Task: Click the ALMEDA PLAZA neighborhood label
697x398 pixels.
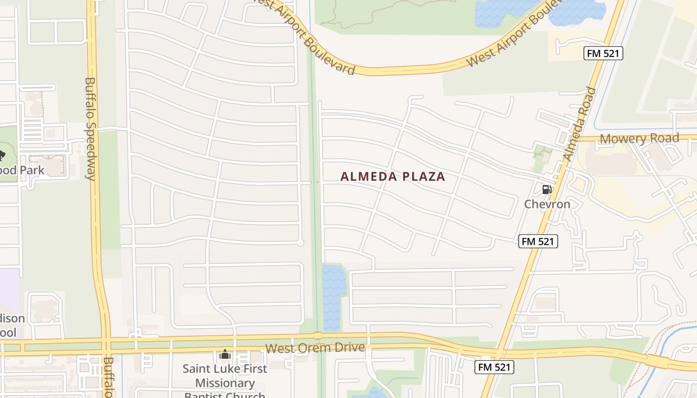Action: [392, 177]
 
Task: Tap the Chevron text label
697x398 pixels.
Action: [547, 204]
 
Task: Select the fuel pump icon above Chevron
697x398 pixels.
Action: [547, 190]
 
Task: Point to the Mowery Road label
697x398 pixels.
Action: [639, 138]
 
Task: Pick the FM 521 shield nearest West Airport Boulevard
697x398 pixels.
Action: [603, 53]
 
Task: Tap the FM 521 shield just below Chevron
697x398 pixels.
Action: [538, 242]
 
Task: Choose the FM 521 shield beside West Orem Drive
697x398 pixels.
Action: [494, 367]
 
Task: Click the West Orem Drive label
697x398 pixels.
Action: [315, 348]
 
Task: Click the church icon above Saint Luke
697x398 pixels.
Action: [225, 355]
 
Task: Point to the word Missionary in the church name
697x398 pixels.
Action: [225, 383]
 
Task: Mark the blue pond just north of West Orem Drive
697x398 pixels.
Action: [333, 297]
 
